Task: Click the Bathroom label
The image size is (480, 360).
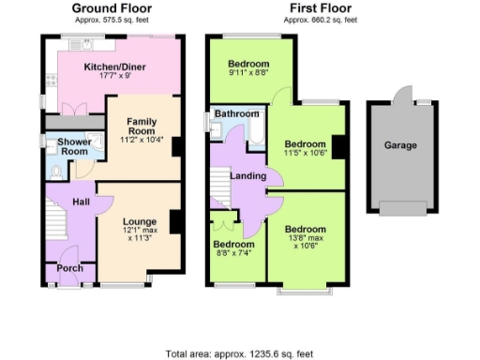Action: tap(236, 113)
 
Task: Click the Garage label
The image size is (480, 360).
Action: tap(400, 145)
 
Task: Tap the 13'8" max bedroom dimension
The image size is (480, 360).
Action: tap(306, 240)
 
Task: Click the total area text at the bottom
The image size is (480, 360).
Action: tap(240, 353)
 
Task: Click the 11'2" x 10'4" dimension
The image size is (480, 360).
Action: tap(142, 138)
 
